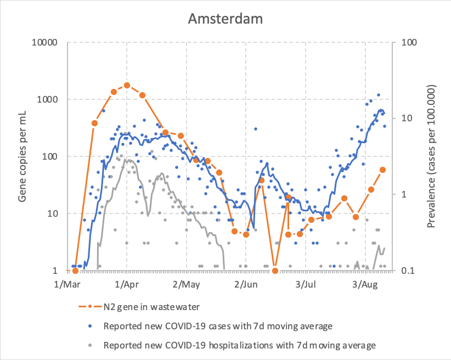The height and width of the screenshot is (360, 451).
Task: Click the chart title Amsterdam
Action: pyautogui.click(x=225, y=19)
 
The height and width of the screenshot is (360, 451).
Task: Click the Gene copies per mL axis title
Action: pyautogui.click(x=22, y=156)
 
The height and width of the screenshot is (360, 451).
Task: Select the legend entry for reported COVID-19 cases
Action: pyautogui.click(x=218, y=326)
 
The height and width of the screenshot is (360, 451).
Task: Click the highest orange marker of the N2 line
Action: pyautogui.click(x=127, y=85)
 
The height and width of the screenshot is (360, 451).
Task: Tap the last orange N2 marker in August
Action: pyautogui.click(x=383, y=170)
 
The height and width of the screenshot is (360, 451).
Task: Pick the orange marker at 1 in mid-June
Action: pyautogui.click(x=275, y=271)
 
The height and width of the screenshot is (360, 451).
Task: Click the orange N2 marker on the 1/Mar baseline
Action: pyautogui.click(x=75, y=271)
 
